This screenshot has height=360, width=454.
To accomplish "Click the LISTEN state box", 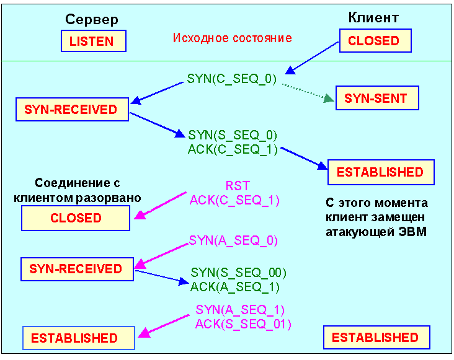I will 93,42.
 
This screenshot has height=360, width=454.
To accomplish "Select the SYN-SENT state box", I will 376,98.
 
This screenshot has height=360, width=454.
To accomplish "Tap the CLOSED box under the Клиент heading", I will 373,41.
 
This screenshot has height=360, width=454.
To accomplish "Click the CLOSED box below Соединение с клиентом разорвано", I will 76,218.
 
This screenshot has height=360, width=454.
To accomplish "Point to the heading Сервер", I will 91,20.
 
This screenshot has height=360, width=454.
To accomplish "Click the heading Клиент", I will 373,17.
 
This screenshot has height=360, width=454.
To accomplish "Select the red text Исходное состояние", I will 232,38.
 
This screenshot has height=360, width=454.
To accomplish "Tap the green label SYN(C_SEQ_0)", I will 231,80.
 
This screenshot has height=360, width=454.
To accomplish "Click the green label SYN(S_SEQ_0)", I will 233,135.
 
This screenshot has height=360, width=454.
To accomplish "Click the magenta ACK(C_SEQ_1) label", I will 234,200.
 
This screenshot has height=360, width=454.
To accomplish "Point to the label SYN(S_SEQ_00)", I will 238,273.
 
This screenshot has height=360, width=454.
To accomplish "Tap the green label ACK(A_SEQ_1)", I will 234,286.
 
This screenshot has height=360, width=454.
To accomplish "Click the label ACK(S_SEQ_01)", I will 243,323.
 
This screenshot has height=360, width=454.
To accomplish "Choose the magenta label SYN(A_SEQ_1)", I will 240,310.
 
